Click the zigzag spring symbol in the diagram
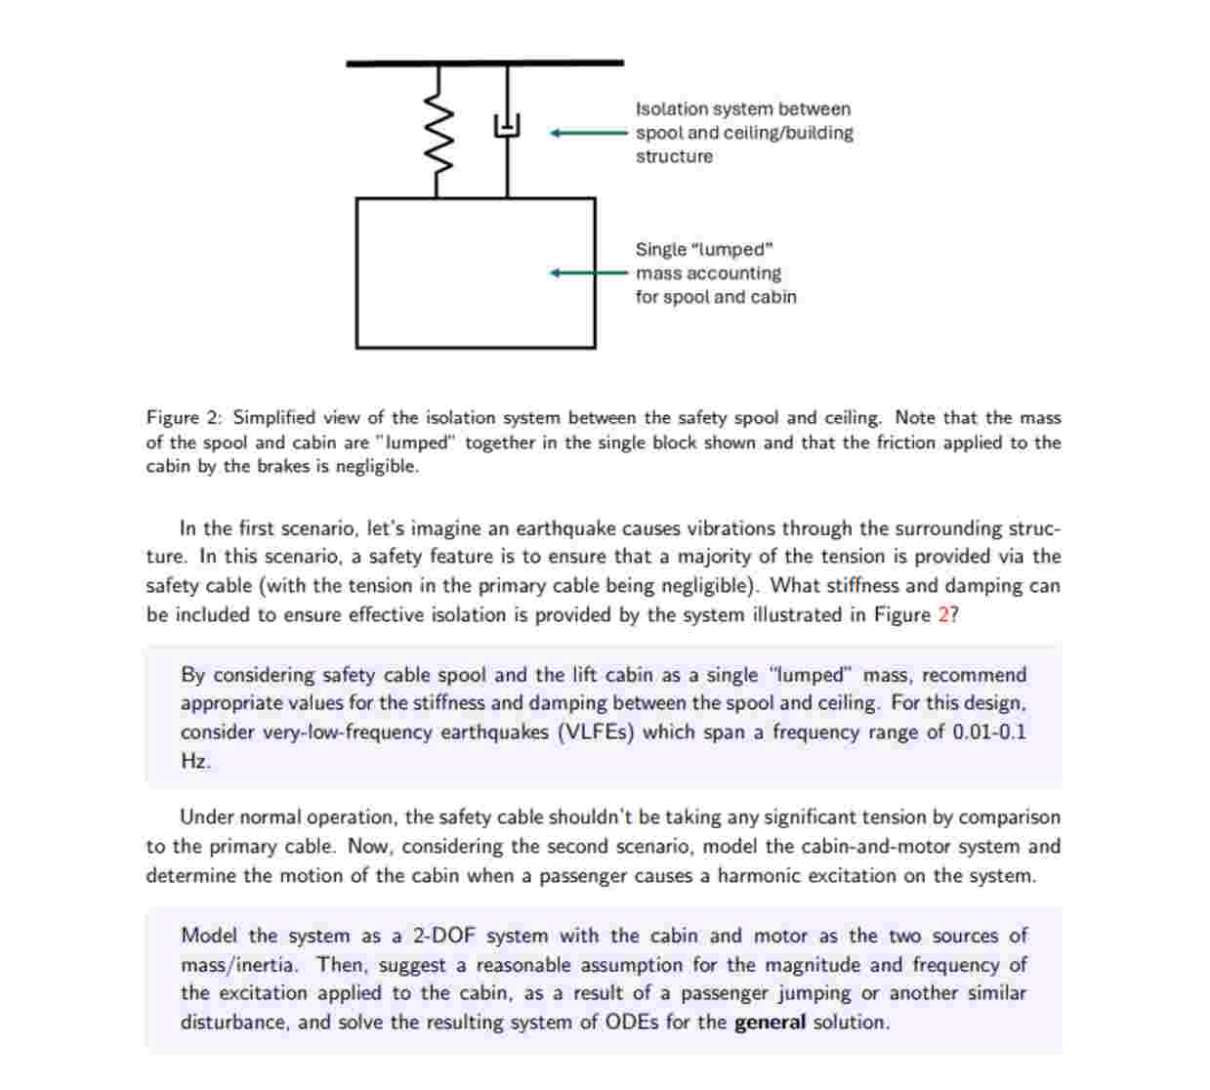pos(440,131)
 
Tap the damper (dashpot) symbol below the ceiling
pos(506,124)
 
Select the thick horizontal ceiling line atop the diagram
pos(484,63)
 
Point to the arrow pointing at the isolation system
pos(588,133)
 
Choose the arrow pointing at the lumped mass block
pos(588,273)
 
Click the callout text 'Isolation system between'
pos(742,109)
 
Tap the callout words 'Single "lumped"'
pos(703,250)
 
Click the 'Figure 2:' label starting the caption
pos(185,418)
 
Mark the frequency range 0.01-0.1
pos(989,733)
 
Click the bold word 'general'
pos(770,1023)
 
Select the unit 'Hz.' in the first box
pos(195,762)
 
